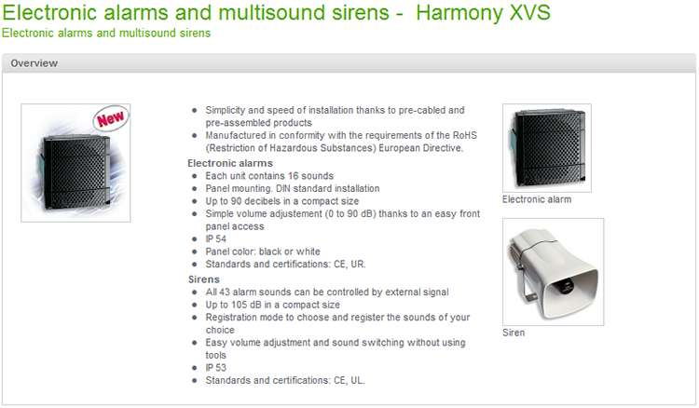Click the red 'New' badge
tap(111, 118)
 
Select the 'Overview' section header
tap(34, 63)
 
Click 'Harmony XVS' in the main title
tap(483, 12)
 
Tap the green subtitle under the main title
tap(106, 33)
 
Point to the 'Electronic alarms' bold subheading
tap(230, 163)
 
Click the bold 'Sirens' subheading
tap(204, 279)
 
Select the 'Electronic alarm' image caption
tap(537, 199)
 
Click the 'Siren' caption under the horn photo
tap(514, 333)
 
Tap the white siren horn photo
tap(554, 272)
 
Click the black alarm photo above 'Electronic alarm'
tap(547, 148)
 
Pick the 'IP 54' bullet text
tap(216, 238)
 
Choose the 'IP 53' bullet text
tap(216, 367)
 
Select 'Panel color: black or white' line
tap(263, 252)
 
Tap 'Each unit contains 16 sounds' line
tap(269, 176)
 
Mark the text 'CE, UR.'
tap(349, 265)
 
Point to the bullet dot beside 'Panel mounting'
tap(195, 189)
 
